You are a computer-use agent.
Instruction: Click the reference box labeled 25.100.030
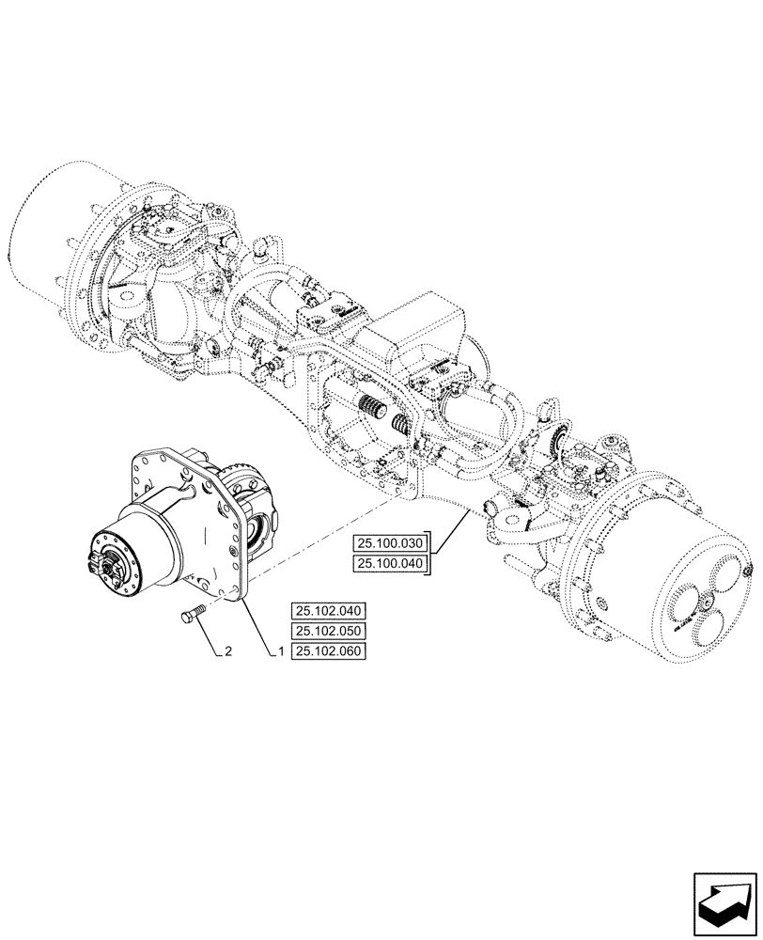390,543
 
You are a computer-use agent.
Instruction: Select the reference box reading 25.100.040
390,563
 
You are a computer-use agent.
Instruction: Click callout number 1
281,651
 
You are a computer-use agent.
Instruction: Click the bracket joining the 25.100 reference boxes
431,553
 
